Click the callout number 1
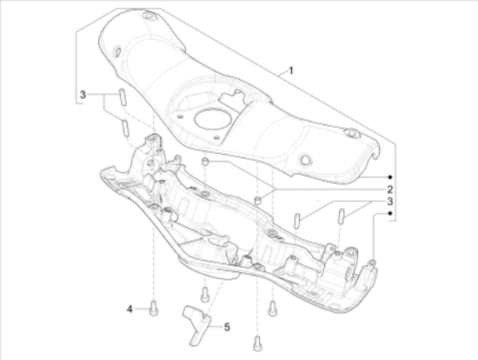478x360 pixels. pyautogui.click(x=291, y=69)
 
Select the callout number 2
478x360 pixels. pyautogui.click(x=390, y=189)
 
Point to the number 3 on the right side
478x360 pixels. pyautogui.click(x=390, y=200)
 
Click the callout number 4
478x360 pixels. pyautogui.click(x=129, y=309)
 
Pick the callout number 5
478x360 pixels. pyautogui.click(x=227, y=328)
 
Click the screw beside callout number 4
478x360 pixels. pyautogui.click(x=154, y=306)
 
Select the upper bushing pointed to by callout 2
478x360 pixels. pyautogui.click(x=204, y=163)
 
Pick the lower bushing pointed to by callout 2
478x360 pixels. pyautogui.click(x=258, y=203)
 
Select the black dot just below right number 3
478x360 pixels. pyautogui.click(x=390, y=212)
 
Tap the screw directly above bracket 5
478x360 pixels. pyautogui.click(x=205, y=293)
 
